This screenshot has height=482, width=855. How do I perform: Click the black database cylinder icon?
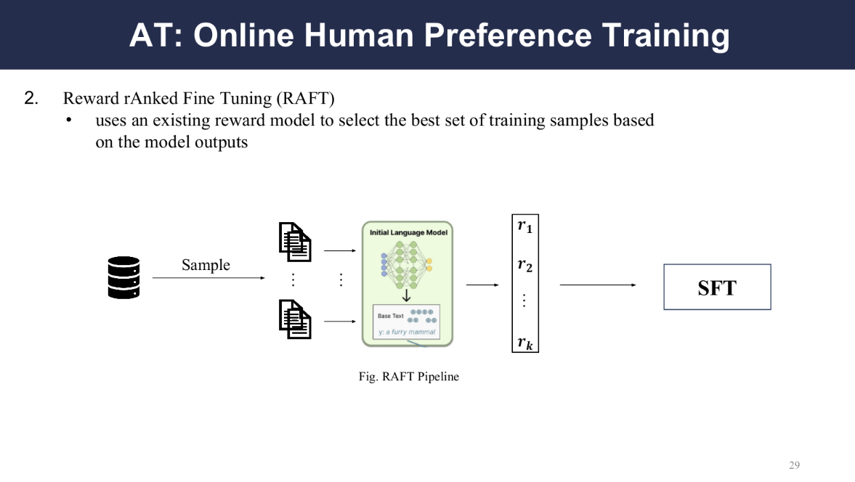pyautogui.click(x=123, y=277)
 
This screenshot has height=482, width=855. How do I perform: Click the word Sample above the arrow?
pyautogui.click(x=206, y=265)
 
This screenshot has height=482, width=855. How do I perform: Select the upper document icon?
pyautogui.click(x=295, y=242)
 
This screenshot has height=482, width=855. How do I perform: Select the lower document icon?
pyautogui.click(x=295, y=319)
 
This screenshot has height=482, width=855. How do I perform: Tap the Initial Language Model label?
pyautogui.click(x=408, y=232)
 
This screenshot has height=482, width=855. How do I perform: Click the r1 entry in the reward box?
pyautogui.click(x=524, y=226)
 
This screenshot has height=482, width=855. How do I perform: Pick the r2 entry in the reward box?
pyautogui.click(x=524, y=265)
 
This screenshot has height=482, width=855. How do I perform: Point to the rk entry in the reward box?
pyautogui.click(x=524, y=343)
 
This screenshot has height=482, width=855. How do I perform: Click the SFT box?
pyautogui.click(x=717, y=287)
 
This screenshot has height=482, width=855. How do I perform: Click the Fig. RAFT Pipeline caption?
pyautogui.click(x=408, y=376)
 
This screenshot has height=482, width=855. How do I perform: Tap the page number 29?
pyautogui.click(x=794, y=465)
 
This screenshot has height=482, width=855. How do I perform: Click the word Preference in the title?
pyautogui.click(x=508, y=36)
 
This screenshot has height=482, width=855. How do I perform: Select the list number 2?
pyautogui.click(x=31, y=98)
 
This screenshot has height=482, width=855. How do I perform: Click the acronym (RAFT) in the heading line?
pyautogui.click(x=305, y=99)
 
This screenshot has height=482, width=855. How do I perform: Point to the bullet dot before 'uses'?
pyautogui.click(x=69, y=120)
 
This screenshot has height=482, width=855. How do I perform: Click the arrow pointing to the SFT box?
pyautogui.click(x=598, y=285)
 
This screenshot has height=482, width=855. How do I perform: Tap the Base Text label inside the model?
pyautogui.click(x=390, y=316)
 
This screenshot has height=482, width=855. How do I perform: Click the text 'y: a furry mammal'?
pyautogui.click(x=407, y=332)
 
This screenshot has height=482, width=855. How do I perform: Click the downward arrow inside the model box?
pyautogui.click(x=406, y=295)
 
